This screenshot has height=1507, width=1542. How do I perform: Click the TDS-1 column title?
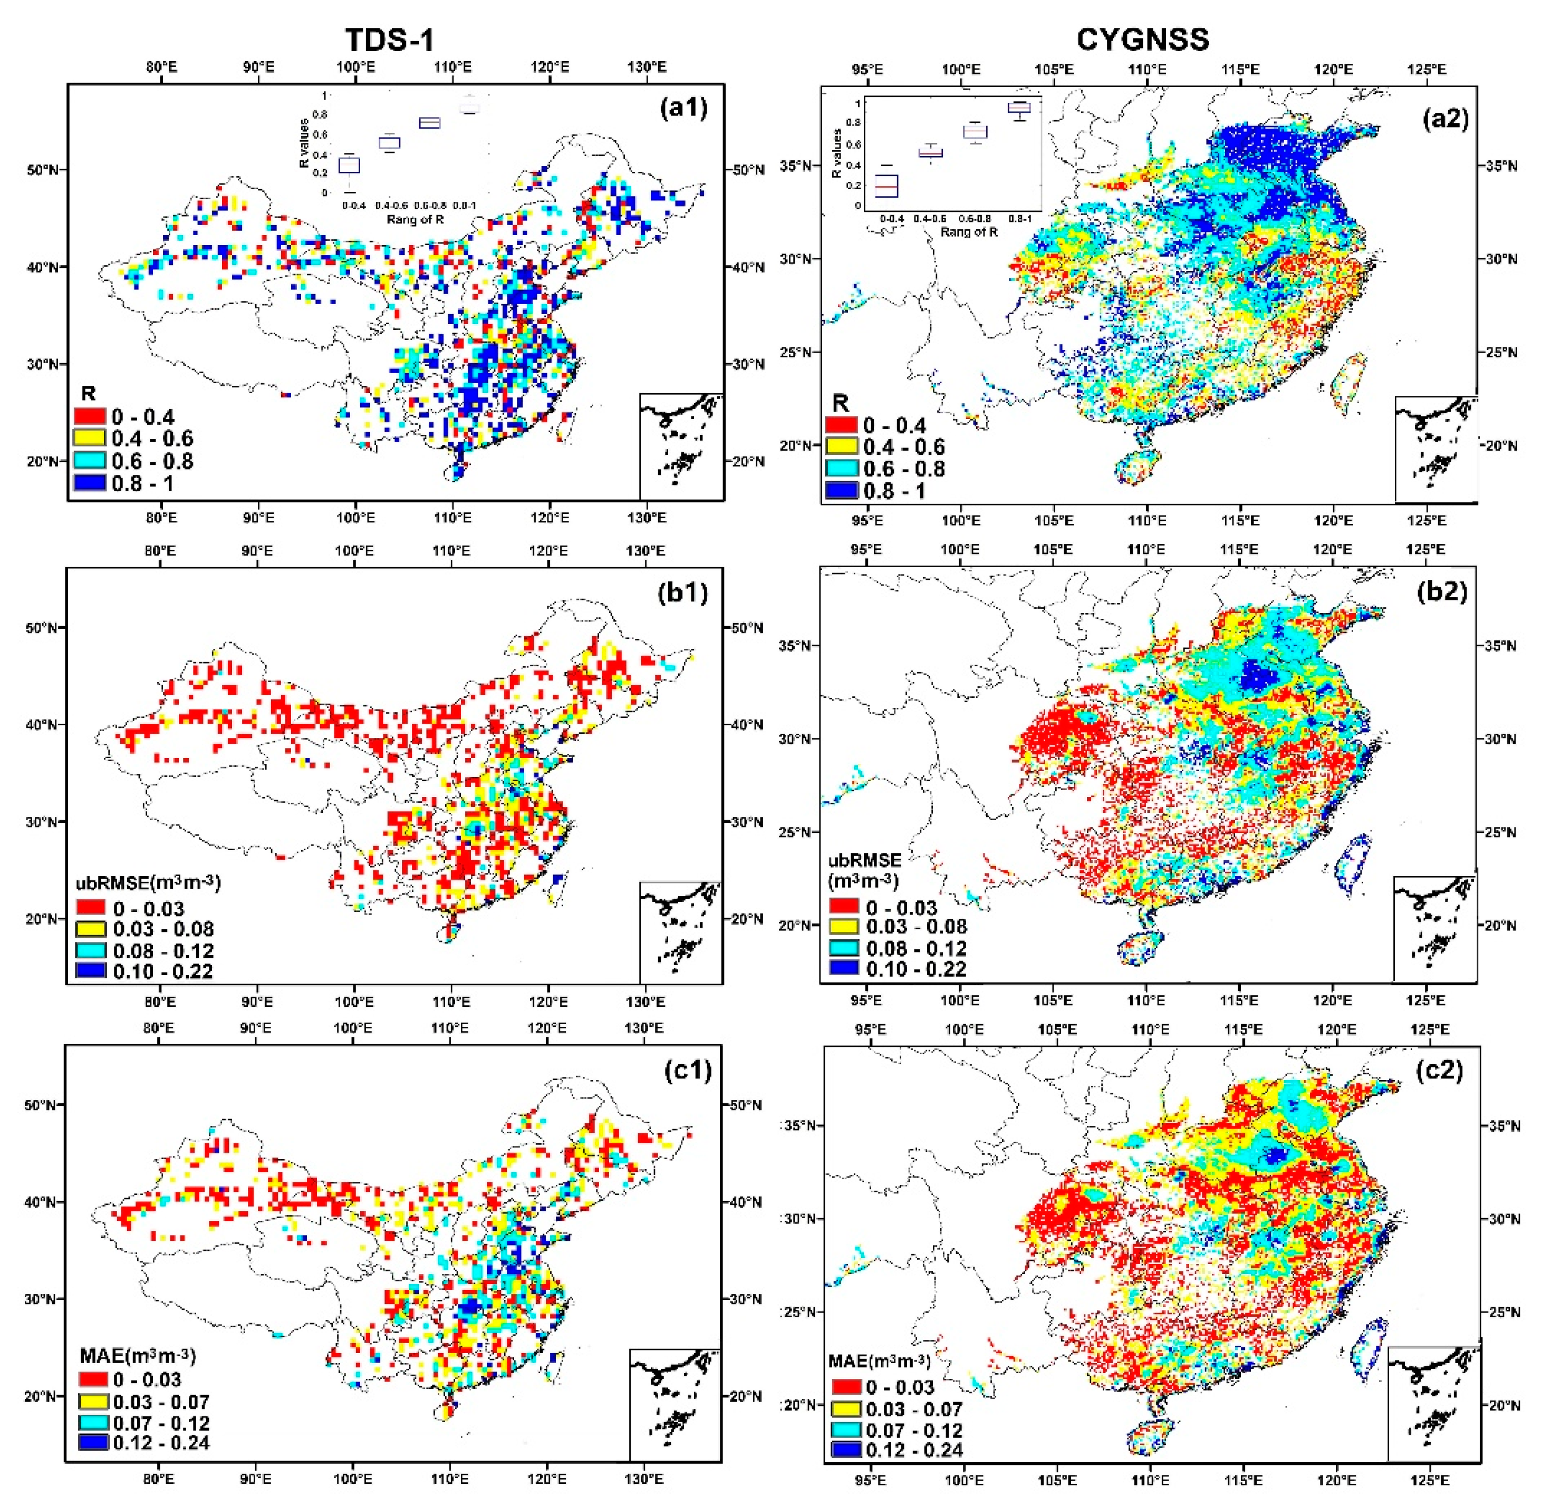[389, 40]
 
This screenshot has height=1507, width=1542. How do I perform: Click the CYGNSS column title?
[1142, 40]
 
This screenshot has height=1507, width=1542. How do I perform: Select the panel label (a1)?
[683, 108]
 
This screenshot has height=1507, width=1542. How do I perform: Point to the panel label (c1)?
[685, 1070]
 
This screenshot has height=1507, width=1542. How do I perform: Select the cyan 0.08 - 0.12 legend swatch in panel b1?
[91, 950]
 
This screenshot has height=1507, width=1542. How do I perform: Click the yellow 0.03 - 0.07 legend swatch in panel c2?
[846, 1409]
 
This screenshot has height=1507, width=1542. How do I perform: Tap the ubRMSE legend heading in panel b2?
[864, 869]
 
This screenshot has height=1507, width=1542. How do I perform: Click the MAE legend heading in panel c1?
[137, 1355]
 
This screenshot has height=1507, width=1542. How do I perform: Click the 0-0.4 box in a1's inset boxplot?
[349, 164]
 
